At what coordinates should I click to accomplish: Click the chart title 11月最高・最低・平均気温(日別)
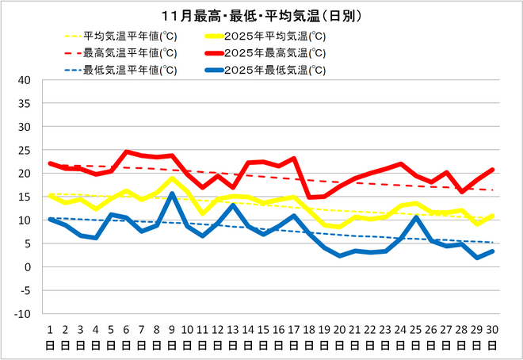pos(261,16)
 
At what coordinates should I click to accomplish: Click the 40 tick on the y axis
pos(23,80)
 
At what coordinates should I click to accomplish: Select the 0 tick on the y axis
pos(26,267)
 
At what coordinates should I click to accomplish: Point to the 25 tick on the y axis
pos(23,151)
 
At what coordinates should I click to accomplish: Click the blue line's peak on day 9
pos(172,193)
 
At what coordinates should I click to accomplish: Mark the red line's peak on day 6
pos(126,151)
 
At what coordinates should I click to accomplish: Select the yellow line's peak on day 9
pos(172,178)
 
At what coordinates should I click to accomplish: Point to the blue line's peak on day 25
pos(416,217)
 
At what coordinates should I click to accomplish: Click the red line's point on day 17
pos(294,159)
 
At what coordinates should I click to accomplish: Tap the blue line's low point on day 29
pos(477,258)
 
